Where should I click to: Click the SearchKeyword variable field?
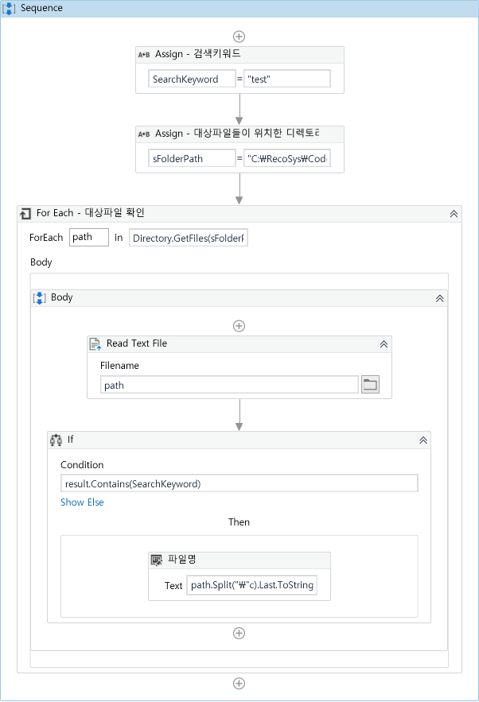pos(192,79)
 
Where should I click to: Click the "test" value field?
pos(286,79)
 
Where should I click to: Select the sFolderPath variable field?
pos(192,158)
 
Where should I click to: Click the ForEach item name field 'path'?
pos(89,237)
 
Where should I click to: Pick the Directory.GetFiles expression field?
pos(189,238)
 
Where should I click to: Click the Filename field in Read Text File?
pos(229,385)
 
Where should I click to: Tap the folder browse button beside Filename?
pos(370,385)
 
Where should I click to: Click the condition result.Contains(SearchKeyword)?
pos(239,483)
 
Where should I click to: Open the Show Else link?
pos(82,502)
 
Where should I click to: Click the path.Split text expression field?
pos(252,586)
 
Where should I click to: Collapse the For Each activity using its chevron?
pos(454,213)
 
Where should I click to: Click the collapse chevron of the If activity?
pos(423,440)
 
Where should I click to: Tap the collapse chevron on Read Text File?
pos(384,344)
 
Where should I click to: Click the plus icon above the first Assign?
pos(239,37)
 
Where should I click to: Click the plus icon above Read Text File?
pos(239,326)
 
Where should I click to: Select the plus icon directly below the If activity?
pos(239,633)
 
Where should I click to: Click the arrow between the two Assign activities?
pos(239,110)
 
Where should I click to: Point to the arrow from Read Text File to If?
pos(239,415)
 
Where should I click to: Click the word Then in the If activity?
pos(239,522)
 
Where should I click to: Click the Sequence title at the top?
pos(41,8)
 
